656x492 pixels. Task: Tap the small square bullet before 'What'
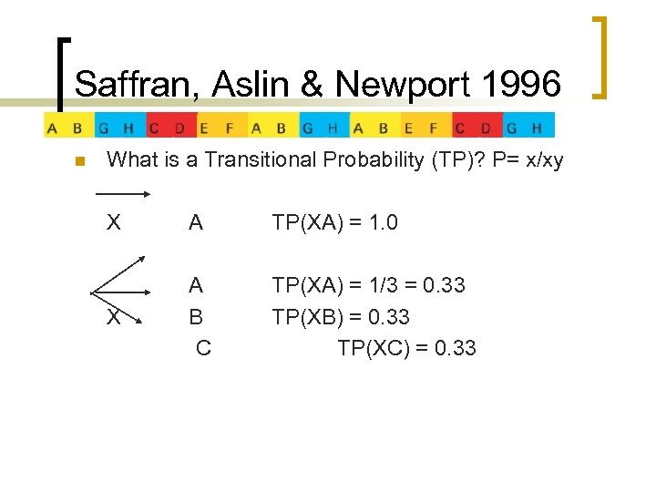[x=78, y=162]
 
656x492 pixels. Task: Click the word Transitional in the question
[x=256, y=160]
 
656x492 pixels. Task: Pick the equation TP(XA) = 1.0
[x=334, y=223]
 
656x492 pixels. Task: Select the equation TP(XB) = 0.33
[x=341, y=317]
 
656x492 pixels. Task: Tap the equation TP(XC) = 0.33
[x=406, y=348]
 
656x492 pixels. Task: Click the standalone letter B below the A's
[x=196, y=317]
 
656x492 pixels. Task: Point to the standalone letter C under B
[x=203, y=348]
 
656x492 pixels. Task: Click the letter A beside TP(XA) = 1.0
[x=196, y=223]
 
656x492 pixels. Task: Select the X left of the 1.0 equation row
[x=114, y=223]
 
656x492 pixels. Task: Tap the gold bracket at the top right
[x=602, y=56]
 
